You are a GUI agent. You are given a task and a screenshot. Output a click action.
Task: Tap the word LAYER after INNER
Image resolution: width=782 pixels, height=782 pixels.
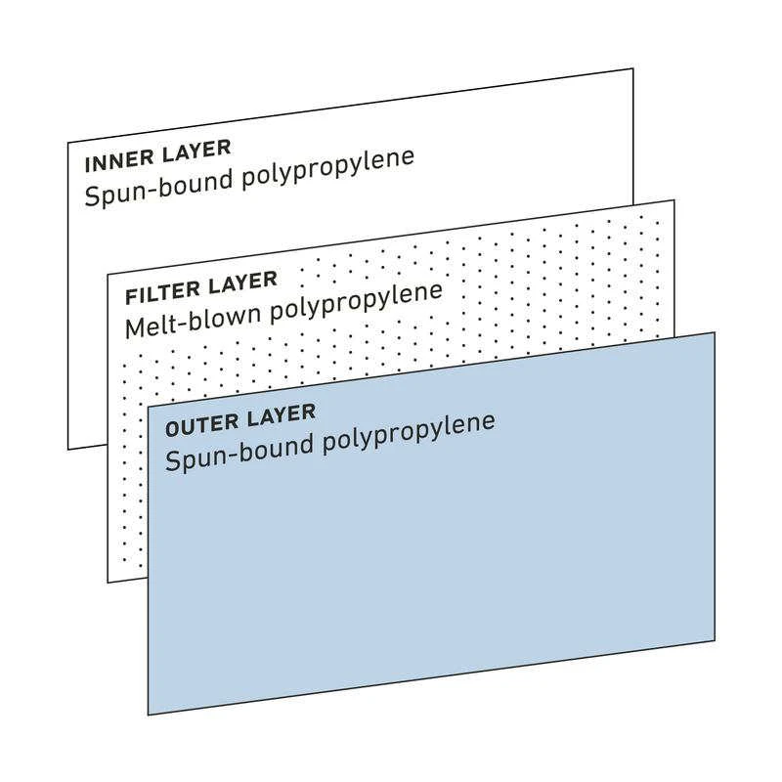[x=197, y=152]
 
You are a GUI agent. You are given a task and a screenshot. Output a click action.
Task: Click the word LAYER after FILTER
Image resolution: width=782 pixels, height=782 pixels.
[x=242, y=282]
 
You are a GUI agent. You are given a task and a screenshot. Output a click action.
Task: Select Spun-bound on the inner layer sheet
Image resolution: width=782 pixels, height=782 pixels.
[x=159, y=188]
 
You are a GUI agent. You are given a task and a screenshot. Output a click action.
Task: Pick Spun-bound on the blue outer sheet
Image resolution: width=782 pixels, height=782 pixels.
[x=239, y=453]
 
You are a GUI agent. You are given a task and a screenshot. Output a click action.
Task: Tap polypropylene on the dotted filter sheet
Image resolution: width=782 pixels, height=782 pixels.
[x=357, y=303]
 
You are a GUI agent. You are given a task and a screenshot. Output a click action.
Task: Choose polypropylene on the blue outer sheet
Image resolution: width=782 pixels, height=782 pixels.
[x=409, y=434]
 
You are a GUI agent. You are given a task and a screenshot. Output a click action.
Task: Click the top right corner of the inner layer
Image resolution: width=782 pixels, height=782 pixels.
[x=633, y=68]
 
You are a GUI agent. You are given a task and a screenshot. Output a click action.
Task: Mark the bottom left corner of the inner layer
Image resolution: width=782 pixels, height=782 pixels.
[x=68, y=450]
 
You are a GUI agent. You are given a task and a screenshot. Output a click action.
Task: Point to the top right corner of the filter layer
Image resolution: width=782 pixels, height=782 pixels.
[x=674, y=200]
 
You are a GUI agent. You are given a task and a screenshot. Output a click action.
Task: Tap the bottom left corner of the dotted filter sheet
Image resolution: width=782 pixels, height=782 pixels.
[x=108, y=582]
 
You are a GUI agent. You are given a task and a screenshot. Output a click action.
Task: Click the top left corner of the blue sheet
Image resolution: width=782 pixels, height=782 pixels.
[x=149, y=406]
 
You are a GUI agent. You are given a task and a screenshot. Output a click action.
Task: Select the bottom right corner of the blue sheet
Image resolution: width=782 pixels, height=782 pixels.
[x=715, y=641]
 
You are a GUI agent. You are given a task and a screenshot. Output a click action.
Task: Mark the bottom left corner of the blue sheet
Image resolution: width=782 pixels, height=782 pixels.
[x=149, y=715]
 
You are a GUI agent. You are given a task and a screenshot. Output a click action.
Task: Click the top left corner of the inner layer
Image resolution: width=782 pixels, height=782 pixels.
[x=68, y=143]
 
